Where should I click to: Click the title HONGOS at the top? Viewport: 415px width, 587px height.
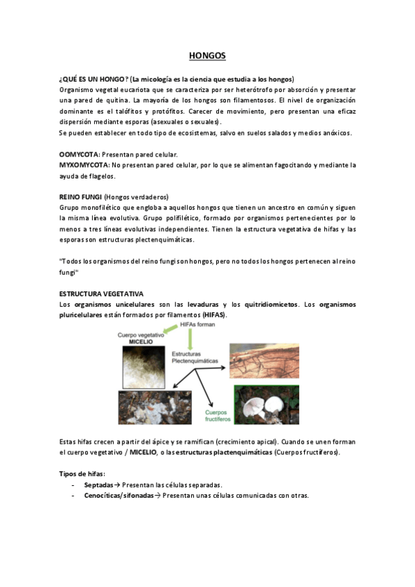(x=207, y=55)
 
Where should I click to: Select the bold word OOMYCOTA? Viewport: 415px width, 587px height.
(x=79, y=154)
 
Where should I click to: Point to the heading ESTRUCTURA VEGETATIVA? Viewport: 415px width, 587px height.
(x=101, y=293)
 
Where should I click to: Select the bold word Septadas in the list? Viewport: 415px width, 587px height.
(x=98, y=485)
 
